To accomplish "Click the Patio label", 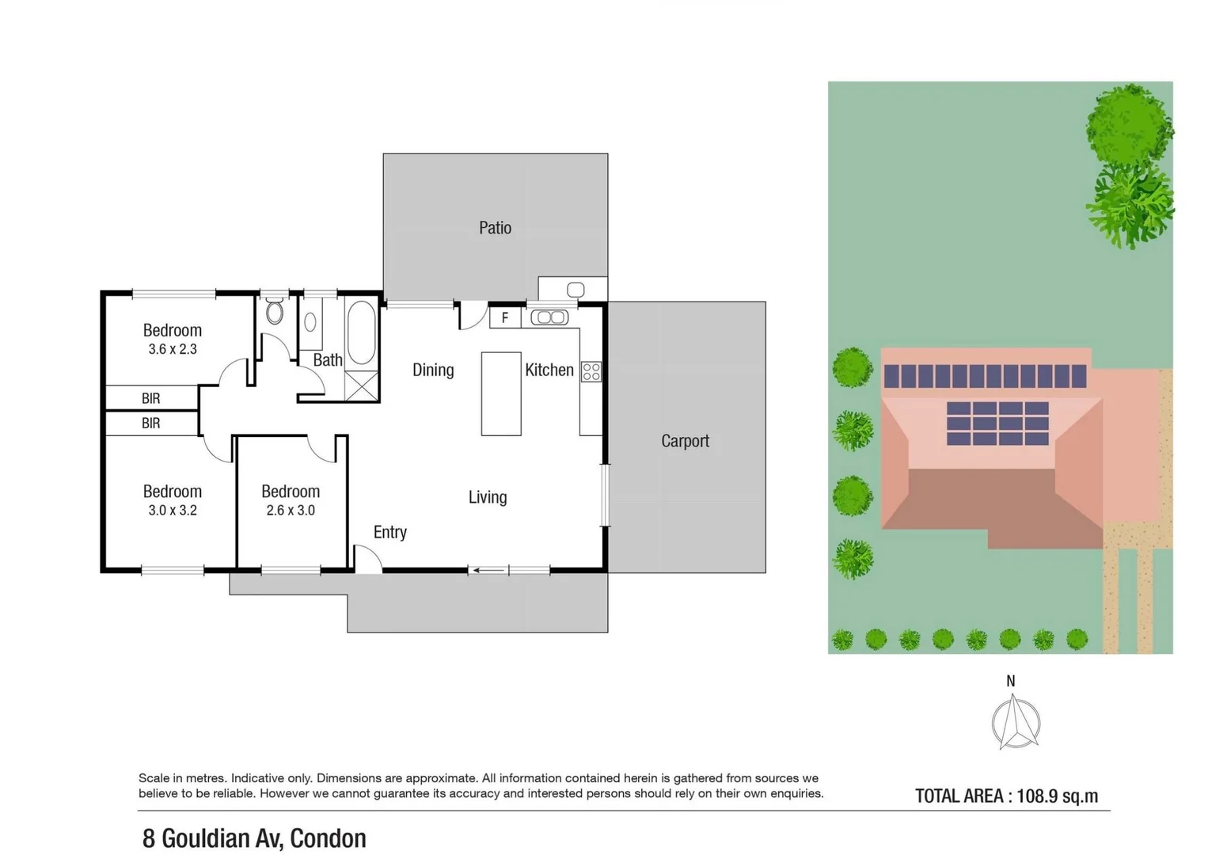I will coord(495,228).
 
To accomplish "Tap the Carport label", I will coord(685,441).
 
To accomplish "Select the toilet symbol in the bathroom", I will coord(275,312).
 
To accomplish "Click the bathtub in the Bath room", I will coord(361,332).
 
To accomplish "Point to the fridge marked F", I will coord(504,318).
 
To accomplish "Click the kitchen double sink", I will coord(549,317).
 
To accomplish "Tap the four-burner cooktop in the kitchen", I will coord(591,371).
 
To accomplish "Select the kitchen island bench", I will coord(501,393).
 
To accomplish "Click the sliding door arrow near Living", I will coord(489,570).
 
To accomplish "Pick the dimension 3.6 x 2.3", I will coord(172,349).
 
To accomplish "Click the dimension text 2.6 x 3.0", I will coord(291,511).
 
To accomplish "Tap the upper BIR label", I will coord(150,398).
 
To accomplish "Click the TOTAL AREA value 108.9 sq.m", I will coord(1057,796).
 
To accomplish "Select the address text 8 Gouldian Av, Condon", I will coord(254,838).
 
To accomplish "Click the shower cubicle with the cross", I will coord(361,386).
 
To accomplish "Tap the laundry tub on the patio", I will coord(576,290).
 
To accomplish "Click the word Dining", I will coord(433,370).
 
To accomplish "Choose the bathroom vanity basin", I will coord(310,321).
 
